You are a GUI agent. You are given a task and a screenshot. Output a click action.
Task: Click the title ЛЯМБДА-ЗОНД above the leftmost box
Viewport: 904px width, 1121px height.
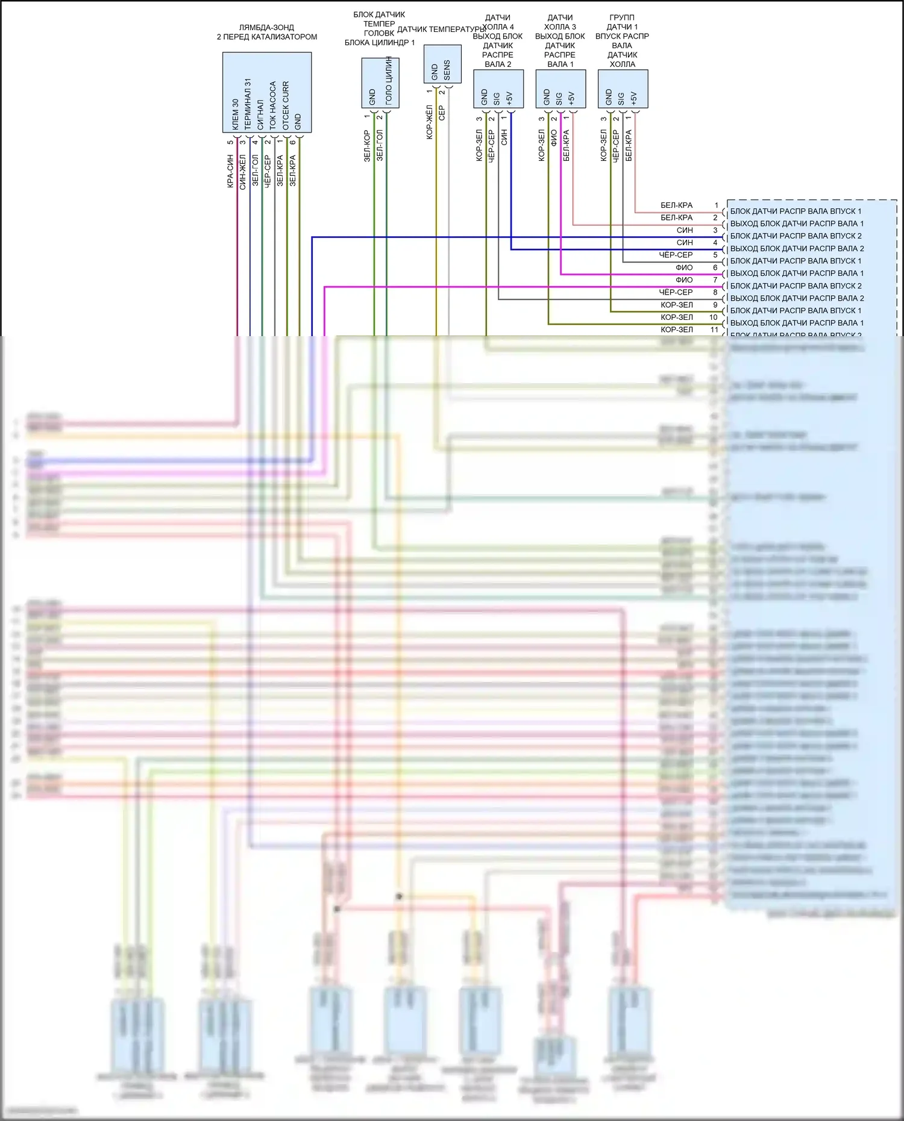pos(266,28)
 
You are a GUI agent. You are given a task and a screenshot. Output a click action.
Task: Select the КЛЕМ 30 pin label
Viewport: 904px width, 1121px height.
pos(235,114)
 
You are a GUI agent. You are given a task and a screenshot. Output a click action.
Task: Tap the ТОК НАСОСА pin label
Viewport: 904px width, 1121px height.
pos(272,105)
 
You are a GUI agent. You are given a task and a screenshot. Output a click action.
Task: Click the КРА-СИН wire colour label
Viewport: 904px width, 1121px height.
pos(230,171)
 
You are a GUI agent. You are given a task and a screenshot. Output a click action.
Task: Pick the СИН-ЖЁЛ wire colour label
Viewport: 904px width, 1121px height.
pos(242,171)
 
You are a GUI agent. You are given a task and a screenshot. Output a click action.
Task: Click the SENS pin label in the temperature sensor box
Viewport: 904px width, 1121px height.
pos(447,70)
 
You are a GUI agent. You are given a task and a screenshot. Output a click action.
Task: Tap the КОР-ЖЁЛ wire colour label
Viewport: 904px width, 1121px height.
pos(429,122)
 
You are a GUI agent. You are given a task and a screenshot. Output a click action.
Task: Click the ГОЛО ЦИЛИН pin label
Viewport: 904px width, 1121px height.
pos(389,81)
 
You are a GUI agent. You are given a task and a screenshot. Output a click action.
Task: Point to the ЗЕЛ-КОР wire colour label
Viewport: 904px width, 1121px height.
pos(366,146)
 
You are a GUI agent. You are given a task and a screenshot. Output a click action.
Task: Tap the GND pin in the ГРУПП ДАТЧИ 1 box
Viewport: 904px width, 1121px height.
pos(608,97)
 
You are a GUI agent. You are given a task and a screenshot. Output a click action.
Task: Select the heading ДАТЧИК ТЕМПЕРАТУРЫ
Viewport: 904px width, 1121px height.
pos(441,30)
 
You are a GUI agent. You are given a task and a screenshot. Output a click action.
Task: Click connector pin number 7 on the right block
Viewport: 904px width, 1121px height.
pos(715,280)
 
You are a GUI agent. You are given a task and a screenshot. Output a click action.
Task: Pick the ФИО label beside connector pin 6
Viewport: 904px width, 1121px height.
pos(684,267)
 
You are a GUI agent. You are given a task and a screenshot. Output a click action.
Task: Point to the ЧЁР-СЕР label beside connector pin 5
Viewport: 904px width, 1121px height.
pos(676,255)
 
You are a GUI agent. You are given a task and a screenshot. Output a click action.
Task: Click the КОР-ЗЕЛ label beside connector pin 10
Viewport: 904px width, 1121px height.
pos(676,317)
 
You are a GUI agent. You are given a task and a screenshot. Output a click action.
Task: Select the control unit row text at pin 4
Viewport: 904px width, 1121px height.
pos(797,249)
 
